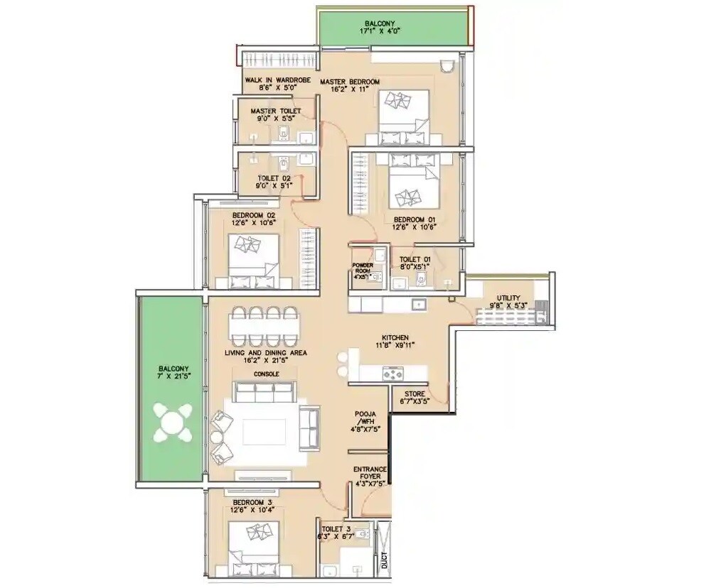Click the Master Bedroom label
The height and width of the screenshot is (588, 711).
349,82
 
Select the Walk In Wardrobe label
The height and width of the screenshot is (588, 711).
277,81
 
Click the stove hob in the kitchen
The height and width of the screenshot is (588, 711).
392,372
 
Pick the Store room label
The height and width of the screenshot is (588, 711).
415,393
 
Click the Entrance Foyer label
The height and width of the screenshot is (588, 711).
370,474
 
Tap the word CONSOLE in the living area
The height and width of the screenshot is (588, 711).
266,374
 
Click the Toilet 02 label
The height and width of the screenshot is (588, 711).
274,180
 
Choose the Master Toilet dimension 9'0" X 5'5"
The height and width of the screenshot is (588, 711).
275,120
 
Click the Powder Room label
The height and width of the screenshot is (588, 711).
363,268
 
